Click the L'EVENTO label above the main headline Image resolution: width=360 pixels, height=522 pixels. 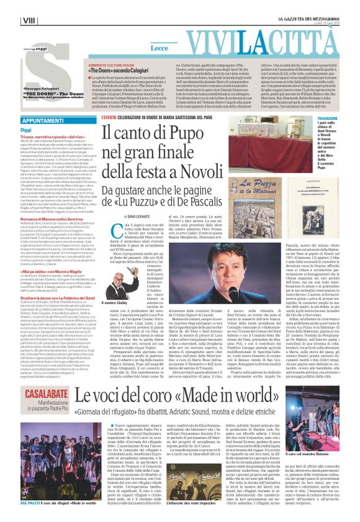110,117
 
